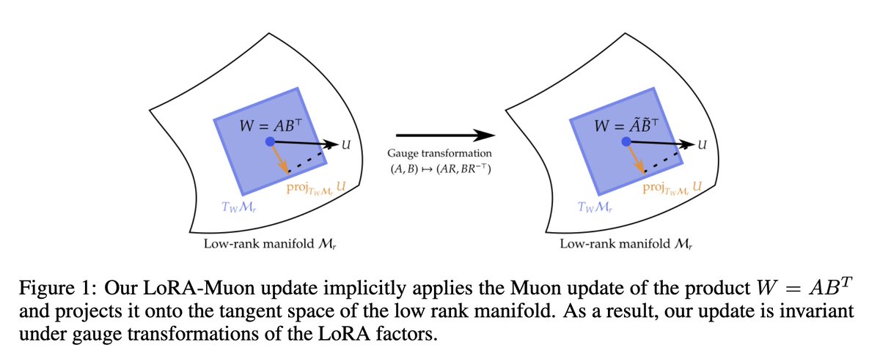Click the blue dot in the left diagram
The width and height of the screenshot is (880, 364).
pyautogui.click(x=270, y=141)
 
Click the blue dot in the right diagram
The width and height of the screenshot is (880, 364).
pyautogui.click(x=626, y=141)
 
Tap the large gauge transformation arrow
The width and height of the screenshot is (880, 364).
pyautogui.click(x=445, y=135)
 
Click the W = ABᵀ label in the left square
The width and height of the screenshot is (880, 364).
pyautogui.click(x=271, y=125)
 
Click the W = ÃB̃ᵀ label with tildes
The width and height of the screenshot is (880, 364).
pyautogui.click(x=626, y=125)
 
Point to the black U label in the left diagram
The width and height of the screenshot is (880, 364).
pyautogui.click(x=345, y=145)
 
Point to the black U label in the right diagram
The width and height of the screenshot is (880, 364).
pyautogui.click(x=702, y=145)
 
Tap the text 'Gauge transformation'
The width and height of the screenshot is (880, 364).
pyautogui.click(x=439, y=153)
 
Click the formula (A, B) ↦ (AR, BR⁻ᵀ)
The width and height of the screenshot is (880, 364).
pyautogui.click(x=441, y=168)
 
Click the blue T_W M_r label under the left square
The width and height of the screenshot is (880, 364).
pyautogui.click(x=239, y=207)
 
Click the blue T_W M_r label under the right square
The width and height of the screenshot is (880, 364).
pyautogui.click(x=595, y=207)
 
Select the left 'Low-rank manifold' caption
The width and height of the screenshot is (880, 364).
pyautogui.click(x=270, y=244)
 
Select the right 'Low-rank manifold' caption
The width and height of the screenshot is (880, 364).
pyautogui.click(x=626, y=244)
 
